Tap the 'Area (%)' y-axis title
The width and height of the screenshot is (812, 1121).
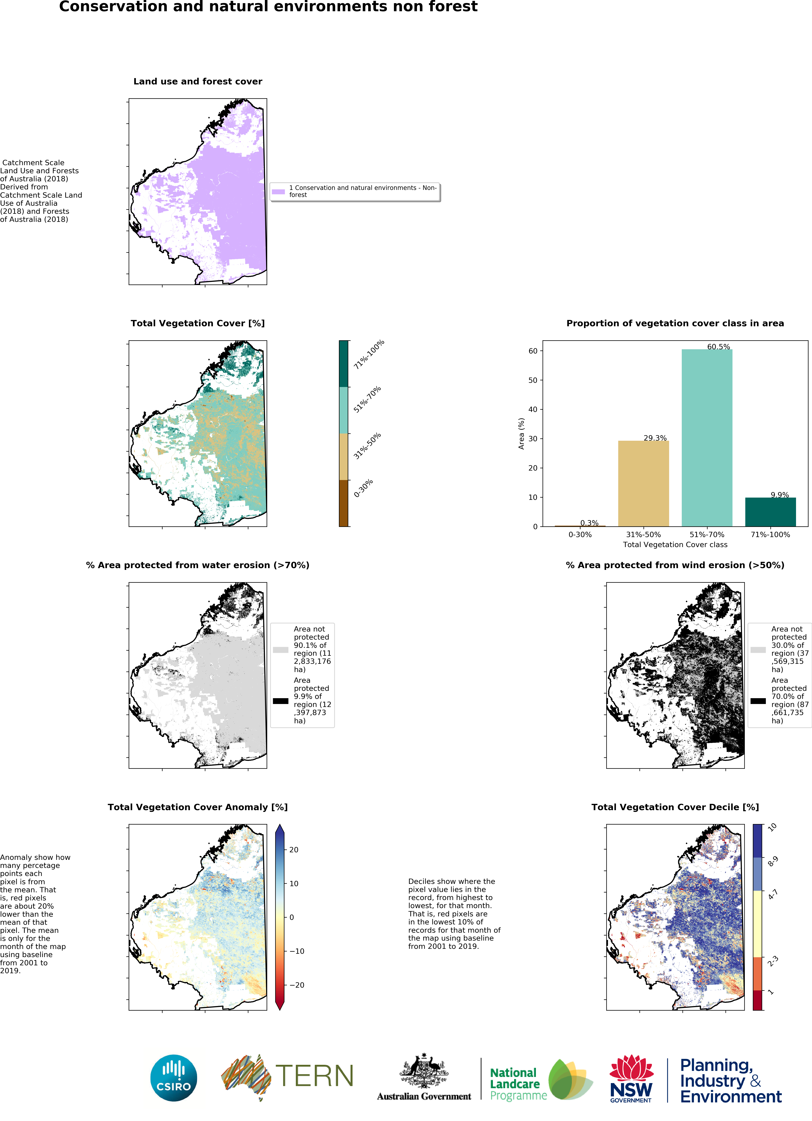click(x=521, y=434)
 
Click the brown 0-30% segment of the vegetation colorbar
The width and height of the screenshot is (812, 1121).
click(x=344, y=503)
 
